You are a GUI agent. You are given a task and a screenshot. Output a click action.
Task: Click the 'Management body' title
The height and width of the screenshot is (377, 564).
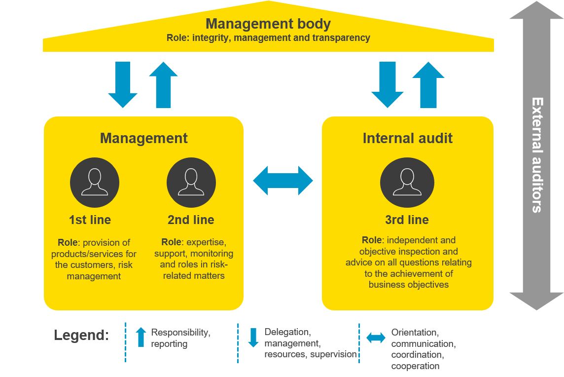pos(268,24)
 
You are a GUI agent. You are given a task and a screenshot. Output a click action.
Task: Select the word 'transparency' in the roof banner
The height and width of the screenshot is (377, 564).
pos(345,38)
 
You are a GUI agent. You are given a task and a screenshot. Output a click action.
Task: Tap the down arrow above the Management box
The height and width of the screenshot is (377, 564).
pos(123,84)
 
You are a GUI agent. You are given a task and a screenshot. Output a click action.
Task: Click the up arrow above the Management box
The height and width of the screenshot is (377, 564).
pos(163,84)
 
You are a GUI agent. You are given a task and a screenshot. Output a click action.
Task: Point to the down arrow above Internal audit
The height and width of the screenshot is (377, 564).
pos(387,84)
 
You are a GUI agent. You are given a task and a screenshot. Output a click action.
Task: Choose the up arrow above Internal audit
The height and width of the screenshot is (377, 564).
pos(428,84)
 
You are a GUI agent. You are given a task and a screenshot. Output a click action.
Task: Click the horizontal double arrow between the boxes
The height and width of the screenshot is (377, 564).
pos(283,181)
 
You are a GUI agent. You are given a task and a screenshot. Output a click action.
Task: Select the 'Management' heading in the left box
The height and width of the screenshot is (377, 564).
pos(143,138)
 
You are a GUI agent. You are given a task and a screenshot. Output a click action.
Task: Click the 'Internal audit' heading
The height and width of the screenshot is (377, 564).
pos(407,138)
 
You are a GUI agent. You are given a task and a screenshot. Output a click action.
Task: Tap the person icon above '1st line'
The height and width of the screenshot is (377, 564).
pos(95,182)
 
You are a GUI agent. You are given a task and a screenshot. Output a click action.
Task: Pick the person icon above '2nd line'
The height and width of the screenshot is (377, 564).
pos(191,182)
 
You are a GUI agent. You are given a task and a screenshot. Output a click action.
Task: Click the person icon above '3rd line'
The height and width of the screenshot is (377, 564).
pos(407,182)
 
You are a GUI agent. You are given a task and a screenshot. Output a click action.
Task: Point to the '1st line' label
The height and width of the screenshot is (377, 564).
pos(90,220)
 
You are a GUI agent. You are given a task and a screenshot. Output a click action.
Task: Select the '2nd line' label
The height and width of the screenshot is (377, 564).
pos(191,220)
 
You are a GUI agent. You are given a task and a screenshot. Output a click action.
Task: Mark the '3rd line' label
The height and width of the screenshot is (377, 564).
pos(407,220)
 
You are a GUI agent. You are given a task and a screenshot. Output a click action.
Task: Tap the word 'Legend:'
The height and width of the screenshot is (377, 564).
pos(81,336)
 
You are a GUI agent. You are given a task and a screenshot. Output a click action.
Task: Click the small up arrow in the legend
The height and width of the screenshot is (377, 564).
pos(141,337)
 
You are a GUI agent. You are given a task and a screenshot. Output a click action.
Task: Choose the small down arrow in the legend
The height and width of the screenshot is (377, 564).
pos(253,338)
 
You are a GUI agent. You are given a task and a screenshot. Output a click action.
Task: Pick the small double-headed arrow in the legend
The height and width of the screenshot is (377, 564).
pos(376,338)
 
